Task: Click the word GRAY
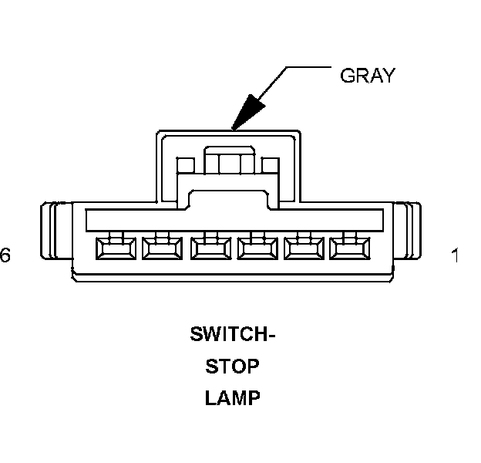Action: [367, 76]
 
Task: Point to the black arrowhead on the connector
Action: [247, 113]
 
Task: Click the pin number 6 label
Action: [5, 255]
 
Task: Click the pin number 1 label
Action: [456, 255]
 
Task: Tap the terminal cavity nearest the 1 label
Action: [348, 248]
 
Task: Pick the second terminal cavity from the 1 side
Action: [302, 248]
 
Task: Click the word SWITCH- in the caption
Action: [232, 336]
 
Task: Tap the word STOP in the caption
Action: [232, 367]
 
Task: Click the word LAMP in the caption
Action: [232, 398]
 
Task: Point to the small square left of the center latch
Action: [184, 165]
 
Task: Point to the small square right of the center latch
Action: [270, 165]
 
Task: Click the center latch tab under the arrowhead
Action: [228, 163]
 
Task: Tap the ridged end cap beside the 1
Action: [409, 231]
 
